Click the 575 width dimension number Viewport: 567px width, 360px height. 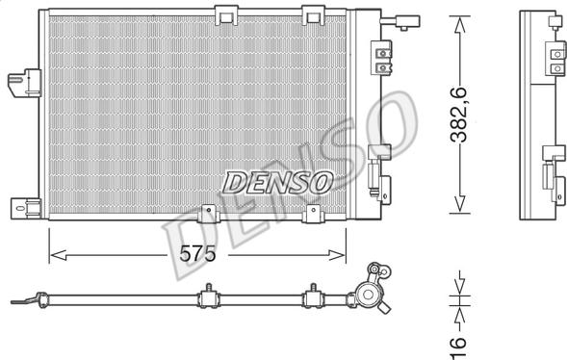(x=197, y=253)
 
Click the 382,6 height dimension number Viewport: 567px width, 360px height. (x=458, y=115)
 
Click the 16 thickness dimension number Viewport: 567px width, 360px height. (x=458, y=347)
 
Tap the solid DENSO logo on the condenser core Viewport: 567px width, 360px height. (x=277, y=183)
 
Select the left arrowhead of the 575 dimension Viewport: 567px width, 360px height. (x=58, y=255)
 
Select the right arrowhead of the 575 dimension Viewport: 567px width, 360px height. (x=337, y=255)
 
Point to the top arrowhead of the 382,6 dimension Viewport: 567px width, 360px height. (x=459, y=24)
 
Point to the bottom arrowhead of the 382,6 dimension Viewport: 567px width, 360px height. (x=459, y=204)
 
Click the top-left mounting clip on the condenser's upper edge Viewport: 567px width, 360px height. (x=226, y=15)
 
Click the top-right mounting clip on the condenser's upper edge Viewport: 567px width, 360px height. (x=313, y=15)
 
